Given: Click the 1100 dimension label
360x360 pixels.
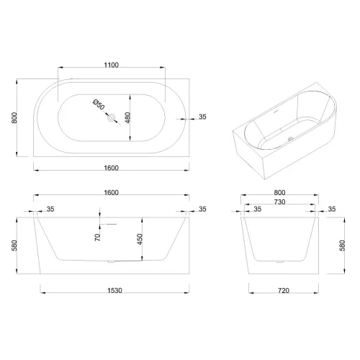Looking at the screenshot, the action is click(112, 65).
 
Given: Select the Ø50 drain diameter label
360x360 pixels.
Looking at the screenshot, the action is click(99, 104).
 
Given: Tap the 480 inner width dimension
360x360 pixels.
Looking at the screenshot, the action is click(127, 117).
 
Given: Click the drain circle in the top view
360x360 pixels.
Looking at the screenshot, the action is click(112, 118).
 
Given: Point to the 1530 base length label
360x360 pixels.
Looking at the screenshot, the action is click(114, 291).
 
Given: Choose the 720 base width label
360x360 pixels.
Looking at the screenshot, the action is click(284, 291).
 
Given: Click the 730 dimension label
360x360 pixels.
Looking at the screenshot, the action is click(279, 202).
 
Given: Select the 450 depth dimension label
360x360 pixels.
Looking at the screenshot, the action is click(140, 239).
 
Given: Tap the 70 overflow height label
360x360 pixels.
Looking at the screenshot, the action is click(97, 238).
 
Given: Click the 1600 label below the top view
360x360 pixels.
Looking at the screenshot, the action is click(112, 168).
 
